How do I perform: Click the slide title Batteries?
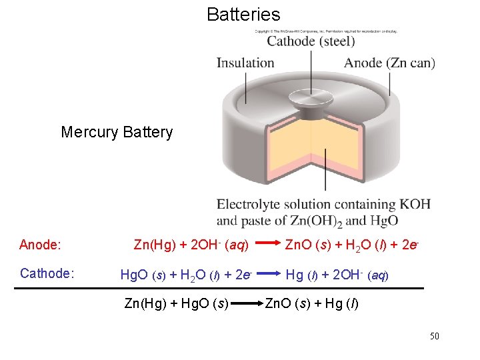(243, 14)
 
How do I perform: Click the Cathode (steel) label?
(311, 41)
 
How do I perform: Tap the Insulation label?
(245, 63)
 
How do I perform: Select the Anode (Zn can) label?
(389, 63)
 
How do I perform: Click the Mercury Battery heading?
(117, 132)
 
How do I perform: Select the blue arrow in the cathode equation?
(269, 273)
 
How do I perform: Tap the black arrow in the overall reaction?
(246, 304)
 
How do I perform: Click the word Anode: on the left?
(40, 245)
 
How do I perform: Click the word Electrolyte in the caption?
(250, 204)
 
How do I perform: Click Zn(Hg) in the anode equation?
(150, 245)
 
